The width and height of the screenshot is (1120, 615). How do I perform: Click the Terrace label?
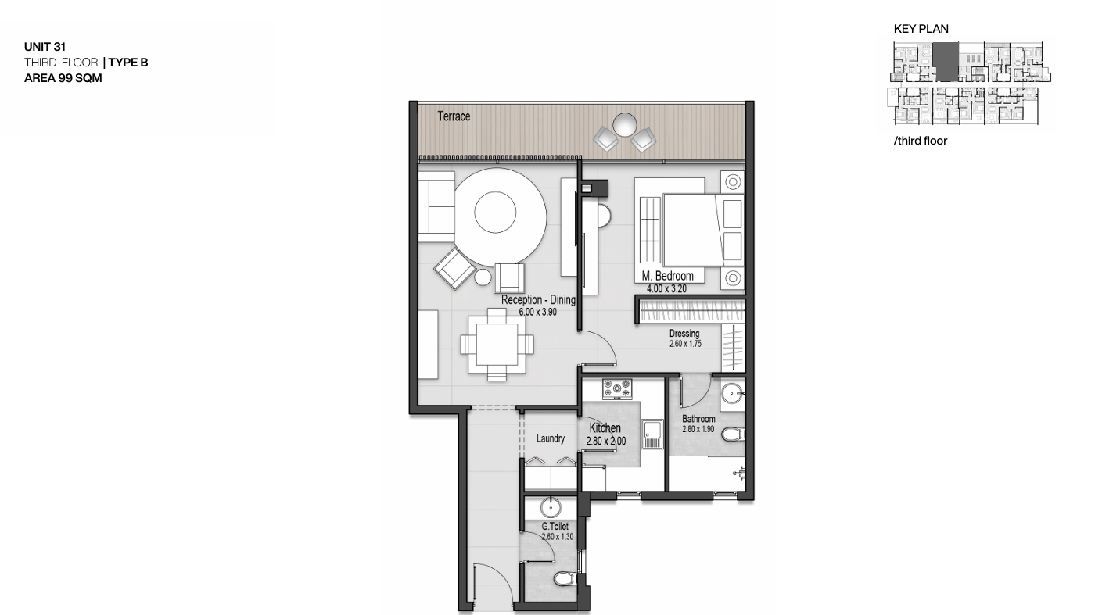[454, 116]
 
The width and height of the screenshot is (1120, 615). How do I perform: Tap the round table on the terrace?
[624, 124]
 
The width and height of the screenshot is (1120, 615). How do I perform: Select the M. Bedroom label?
[667, 276]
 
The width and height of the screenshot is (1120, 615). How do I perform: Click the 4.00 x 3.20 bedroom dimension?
[666, 289]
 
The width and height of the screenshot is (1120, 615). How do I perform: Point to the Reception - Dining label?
[538, 300]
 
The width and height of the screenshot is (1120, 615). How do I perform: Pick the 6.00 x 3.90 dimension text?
[537, 313]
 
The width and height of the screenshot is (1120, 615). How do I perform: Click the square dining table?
[497, 345]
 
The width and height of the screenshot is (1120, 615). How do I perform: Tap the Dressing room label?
[684, 333]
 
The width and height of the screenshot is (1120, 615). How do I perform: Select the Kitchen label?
[605, 428]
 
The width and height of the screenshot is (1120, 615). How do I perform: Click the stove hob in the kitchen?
[617, 388]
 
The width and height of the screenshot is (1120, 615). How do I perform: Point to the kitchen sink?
[652, 434]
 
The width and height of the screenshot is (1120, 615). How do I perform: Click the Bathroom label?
[698, 419]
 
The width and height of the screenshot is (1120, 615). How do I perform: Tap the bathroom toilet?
[733, 434]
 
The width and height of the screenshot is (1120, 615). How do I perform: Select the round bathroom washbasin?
[733, 394]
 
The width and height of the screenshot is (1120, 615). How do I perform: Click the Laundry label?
[551, 438]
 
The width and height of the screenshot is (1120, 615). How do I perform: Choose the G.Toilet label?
[555, 527]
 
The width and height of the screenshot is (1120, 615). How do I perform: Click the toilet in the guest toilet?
[565, 579]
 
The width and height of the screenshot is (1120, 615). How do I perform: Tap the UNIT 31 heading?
[45, 47]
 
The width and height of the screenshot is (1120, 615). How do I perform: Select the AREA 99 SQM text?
[63, 78]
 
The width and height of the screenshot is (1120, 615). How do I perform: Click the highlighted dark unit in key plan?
[946, 62]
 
